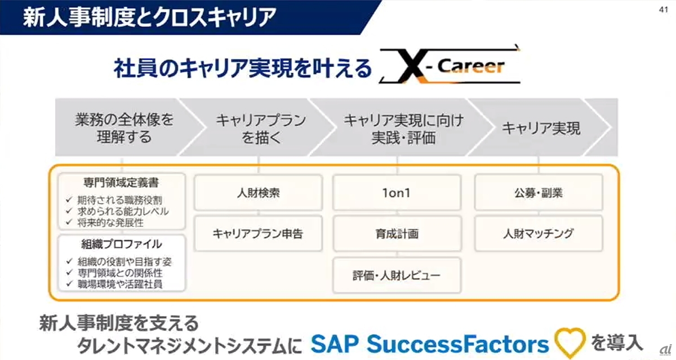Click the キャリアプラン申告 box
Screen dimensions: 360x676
258,233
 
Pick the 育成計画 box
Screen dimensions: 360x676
397,233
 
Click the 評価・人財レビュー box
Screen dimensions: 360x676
397,275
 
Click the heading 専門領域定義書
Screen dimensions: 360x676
122,184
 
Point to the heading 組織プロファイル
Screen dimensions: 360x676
122,245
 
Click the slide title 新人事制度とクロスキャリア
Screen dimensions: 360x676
149,17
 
